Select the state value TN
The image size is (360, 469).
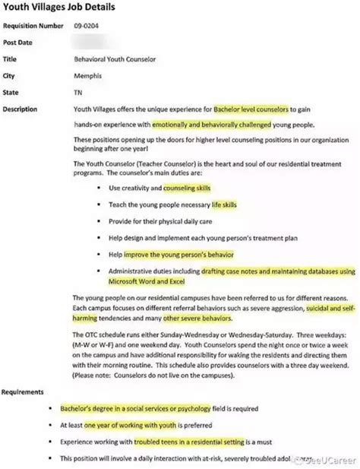coord(78,93)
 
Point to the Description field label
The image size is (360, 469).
coord(21,109)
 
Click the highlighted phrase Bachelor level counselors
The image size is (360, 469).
coord(251,109)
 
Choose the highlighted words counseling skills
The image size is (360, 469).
coord(187,187)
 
